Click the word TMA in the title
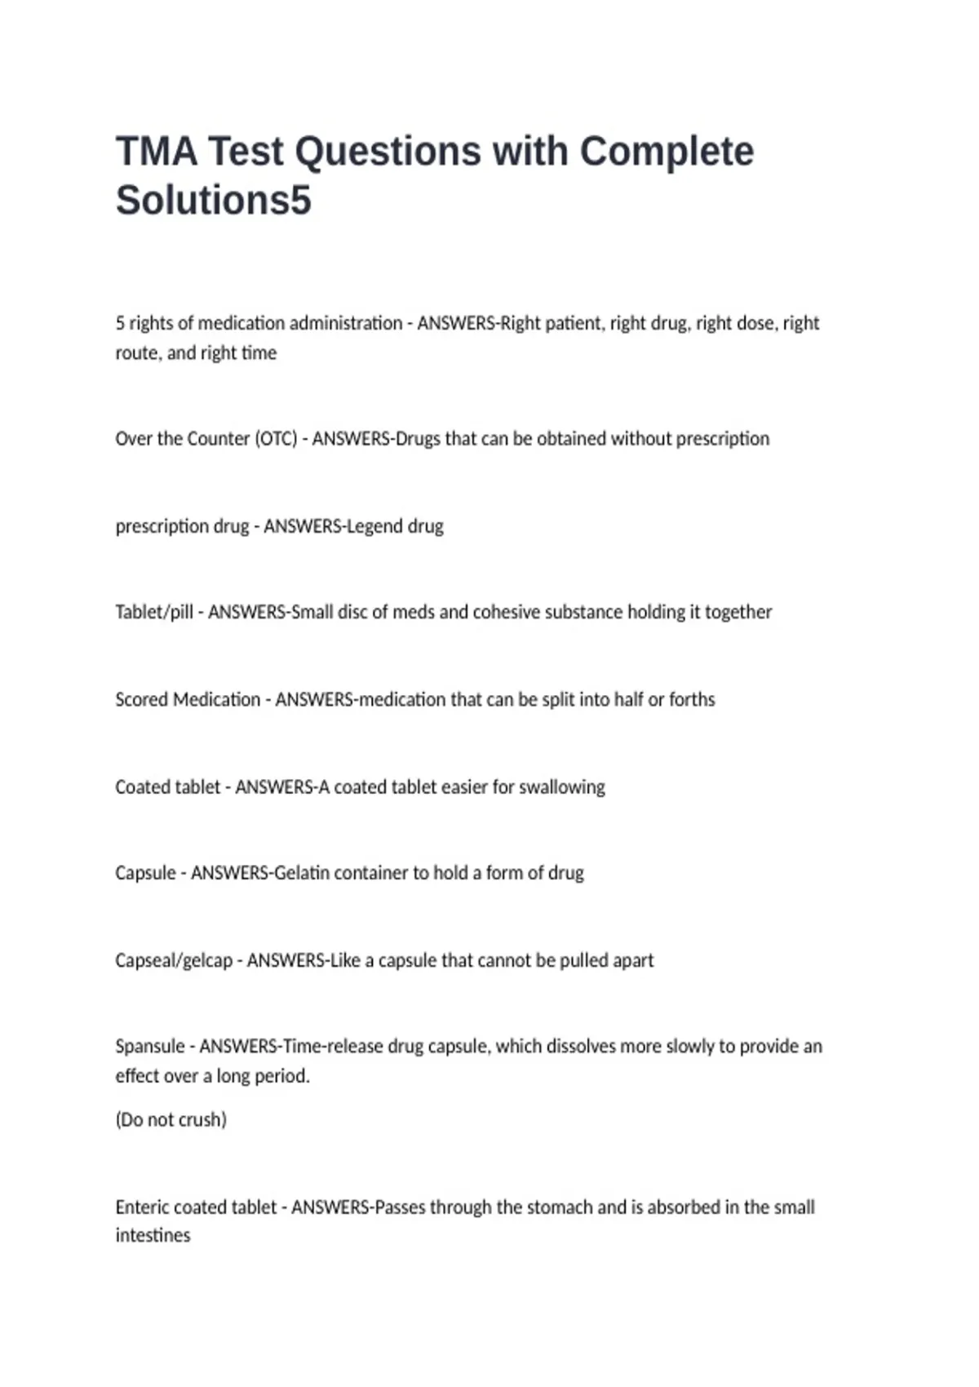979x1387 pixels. [156, 152]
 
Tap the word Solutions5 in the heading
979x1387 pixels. [213, 201]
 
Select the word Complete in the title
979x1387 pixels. [666, 152]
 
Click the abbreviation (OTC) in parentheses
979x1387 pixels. [276, 439]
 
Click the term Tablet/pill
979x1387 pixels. [154, 612]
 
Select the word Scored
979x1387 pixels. [142, 699]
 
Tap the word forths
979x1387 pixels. [692, 699]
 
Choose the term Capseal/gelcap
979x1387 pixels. [174, 960]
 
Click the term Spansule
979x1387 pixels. [150, 1046]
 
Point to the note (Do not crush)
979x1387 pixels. [171, 1119]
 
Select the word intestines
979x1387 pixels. [153, 1235]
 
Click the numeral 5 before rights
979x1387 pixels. [120, 323]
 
